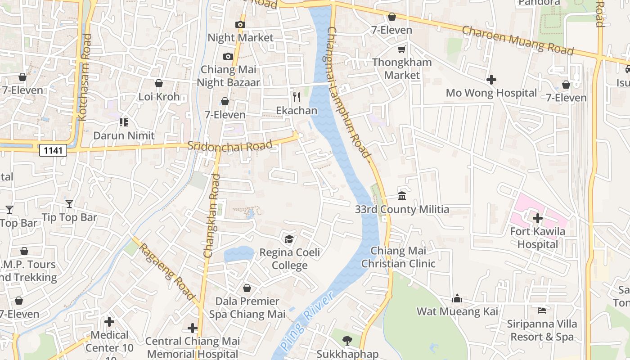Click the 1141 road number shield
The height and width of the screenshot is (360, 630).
point(53,150)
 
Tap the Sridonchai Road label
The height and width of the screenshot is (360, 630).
point(230,145)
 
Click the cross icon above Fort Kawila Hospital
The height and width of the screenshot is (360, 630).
point(537,219)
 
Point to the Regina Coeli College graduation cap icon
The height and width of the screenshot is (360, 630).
point(288,239)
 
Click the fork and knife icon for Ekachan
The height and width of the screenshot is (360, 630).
point(296,97)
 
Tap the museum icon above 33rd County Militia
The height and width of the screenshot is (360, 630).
point(402,196)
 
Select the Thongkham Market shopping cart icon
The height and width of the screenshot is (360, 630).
point(401,49)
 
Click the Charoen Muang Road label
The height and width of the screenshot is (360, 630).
point(518,40)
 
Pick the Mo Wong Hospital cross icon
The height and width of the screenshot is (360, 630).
point(491,80)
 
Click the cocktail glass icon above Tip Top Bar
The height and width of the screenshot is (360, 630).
point(69,204)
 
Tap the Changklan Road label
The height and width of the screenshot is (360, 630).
point(212,216)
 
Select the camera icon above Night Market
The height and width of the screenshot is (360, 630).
point(240,24)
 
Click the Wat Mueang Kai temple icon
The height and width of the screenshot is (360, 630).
point(457,298)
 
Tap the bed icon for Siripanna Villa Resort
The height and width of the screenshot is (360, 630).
point(542,310)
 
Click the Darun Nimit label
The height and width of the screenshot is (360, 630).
point(124,135)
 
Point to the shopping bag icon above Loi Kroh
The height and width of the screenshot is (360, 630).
point(158,83)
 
